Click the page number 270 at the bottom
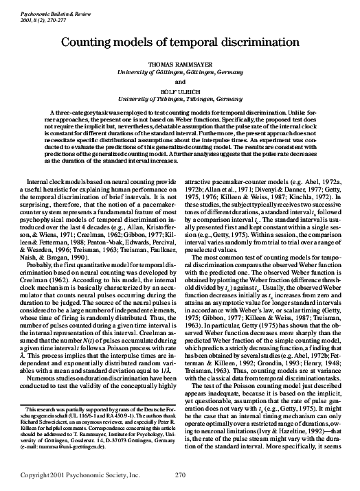click(181, 475)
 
